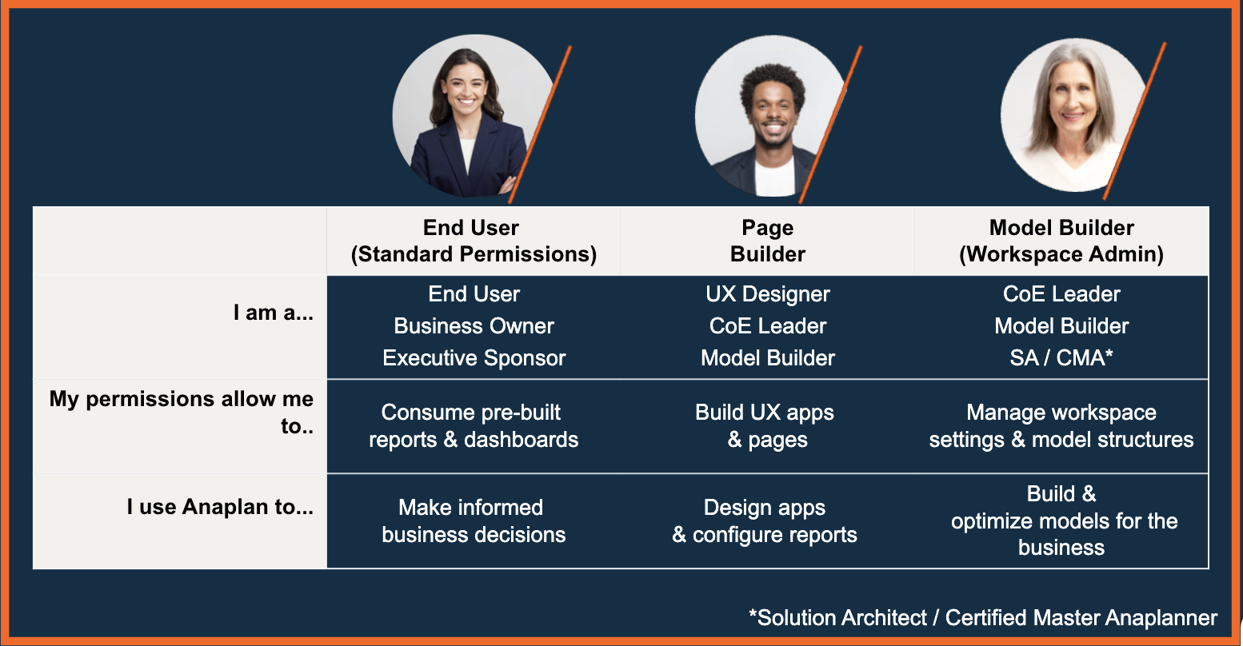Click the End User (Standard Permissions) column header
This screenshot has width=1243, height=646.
coord(474,241)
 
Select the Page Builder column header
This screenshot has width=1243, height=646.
coord(767,241)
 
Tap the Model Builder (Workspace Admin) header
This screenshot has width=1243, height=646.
coord(1061,241)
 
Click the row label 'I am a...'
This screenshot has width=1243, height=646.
coord(273,313)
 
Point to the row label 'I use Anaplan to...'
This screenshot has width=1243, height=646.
coord(220,507)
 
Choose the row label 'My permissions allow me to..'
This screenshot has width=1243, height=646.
coord(182,412)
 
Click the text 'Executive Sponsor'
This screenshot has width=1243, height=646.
coord(474,357)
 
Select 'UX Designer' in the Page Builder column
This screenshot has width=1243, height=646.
coord(767,294)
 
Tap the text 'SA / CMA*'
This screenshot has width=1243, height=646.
coord(1061,357)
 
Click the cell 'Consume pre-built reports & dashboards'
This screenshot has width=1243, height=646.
coord(474,426)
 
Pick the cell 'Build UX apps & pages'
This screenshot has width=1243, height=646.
coord(765,426)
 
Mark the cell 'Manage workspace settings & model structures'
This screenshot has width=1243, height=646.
coord(1061,426)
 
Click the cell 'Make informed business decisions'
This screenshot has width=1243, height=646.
coord(474,520)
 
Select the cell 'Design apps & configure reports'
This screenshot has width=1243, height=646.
coord(765,520)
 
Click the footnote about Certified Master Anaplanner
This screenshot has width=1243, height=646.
coord(983,617)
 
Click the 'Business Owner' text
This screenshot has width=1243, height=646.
coord(474,326)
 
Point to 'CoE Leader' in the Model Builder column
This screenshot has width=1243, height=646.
coord(1061,294)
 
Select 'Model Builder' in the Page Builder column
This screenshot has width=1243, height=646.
coord(767,357)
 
